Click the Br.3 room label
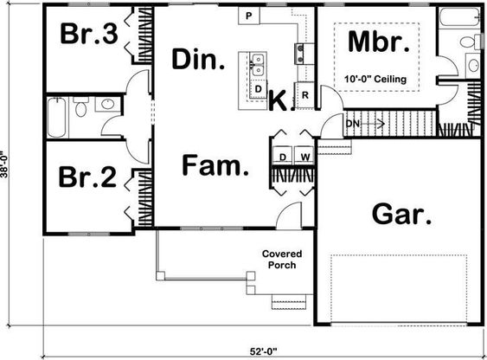[89, 34]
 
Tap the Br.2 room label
[88, 177]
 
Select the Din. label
[198, 59]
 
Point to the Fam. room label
[215, 165]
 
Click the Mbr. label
[379, 42]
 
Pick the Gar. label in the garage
[402, 214]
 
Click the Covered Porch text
[282, 260]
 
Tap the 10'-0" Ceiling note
[375, 79]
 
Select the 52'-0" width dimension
[263, 351]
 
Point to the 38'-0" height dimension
[4, 164]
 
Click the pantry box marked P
[249, 16]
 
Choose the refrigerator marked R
[305, 95]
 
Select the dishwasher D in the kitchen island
[258, 89]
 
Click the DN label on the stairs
[353, 124]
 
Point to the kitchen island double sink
[258, 65]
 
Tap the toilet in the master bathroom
[470, 42]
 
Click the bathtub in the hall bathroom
[57, 117]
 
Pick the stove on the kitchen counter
[299, 54]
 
